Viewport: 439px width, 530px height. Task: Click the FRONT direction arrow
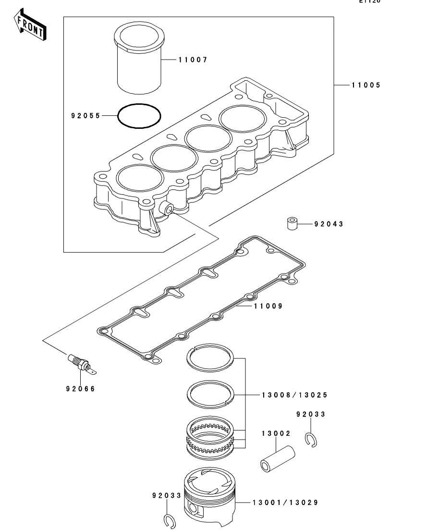click(x=30, y=27)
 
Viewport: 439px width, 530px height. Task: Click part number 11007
click(x=192, y=60)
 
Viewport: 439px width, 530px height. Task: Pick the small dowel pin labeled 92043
click(x=293, y=224)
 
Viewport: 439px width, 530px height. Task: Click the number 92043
click(x=329, y=224)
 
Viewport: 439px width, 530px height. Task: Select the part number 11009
click(x=268, y=306)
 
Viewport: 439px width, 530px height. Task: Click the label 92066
click(x=81, y=389)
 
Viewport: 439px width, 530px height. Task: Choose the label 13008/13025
click(x=295, y=395)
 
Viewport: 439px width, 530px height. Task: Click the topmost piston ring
click(x=210, y=358)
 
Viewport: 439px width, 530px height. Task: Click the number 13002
click(x=276, y=433)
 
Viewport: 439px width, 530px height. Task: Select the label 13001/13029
click(x=285, y=503)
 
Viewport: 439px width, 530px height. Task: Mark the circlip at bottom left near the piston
click(x=169, y=521)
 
